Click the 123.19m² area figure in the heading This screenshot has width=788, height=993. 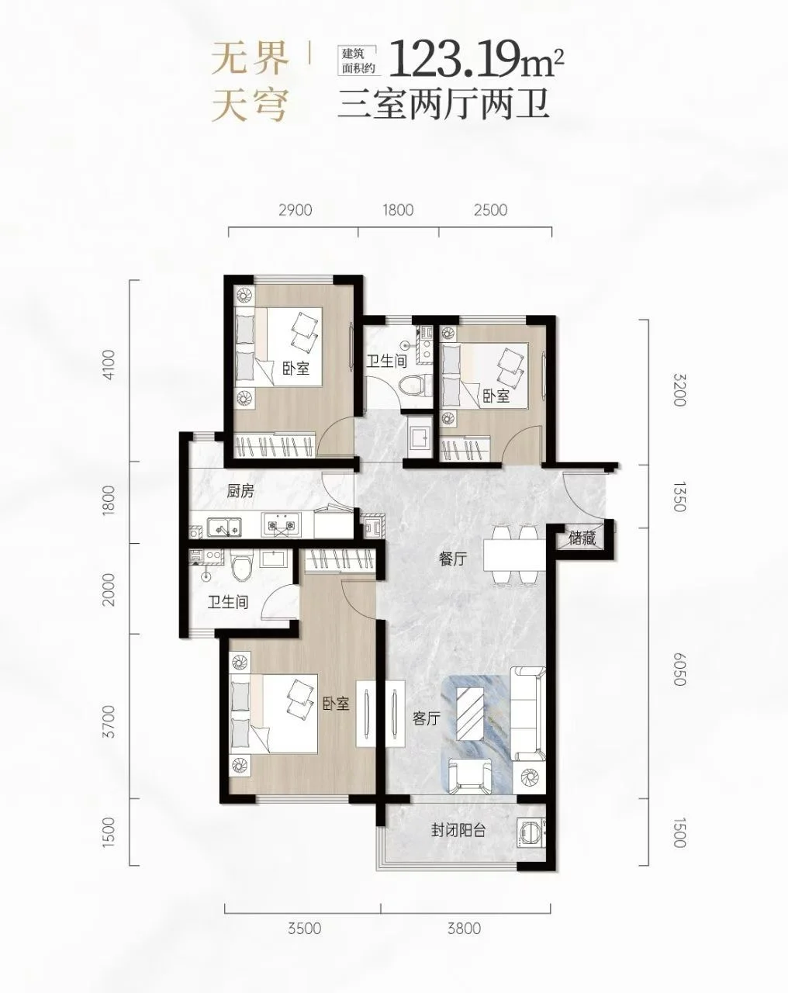click(477, 59)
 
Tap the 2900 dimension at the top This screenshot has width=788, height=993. click(295, 210)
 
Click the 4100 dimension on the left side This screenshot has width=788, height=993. click(109, 365)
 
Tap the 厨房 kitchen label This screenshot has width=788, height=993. click(240, 491)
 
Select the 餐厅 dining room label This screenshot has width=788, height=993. click(453, 559)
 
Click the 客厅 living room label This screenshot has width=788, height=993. click(427, 718)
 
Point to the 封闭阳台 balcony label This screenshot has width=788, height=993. click(458, 831)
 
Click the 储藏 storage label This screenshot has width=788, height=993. click(582, 538)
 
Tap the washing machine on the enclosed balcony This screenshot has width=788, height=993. click(531, 832)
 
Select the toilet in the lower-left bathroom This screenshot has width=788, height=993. click(242, 566)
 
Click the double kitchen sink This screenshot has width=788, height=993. click(224, 526)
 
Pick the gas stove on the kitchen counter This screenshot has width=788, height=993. click(281, 525)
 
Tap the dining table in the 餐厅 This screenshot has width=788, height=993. click(514, 555)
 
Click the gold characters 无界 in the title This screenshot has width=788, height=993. click(250, 59)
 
